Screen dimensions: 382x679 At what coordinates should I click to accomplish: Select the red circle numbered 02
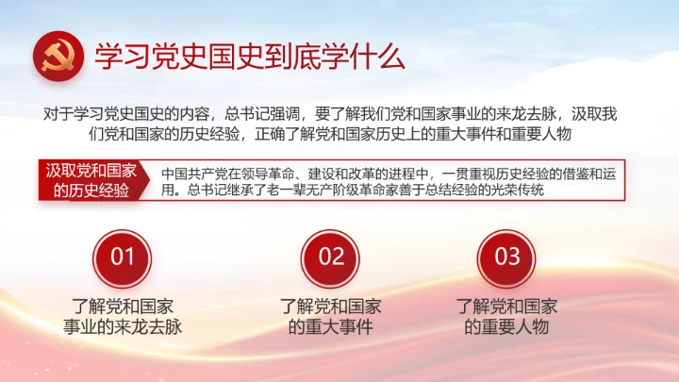(x=331, y=256)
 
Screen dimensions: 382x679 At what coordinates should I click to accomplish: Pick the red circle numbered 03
(x=507, y=256)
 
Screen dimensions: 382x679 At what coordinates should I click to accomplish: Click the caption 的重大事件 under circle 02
(x=331, y=327)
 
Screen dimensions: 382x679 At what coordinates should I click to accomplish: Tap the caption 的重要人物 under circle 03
(x=507, y=327)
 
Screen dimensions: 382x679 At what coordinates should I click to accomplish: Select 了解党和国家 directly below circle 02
(x=331, y=306)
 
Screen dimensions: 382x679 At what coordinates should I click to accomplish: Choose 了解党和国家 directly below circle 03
(x=507, y=306)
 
